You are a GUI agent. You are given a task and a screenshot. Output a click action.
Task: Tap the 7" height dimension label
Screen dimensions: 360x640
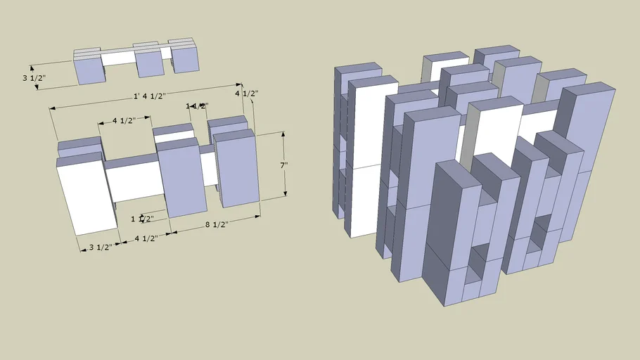[x=283, y=165]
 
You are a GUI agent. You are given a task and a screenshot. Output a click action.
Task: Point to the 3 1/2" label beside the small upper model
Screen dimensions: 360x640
[x=34, y=77]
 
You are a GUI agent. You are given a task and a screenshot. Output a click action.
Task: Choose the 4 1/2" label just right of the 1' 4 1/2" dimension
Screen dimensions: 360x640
[x=246, y=94]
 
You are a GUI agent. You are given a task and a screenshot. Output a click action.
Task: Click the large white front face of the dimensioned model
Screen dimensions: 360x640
[x=86, y=195]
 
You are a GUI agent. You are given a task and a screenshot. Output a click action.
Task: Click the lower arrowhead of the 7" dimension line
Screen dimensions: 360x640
[x=286, y=195]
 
